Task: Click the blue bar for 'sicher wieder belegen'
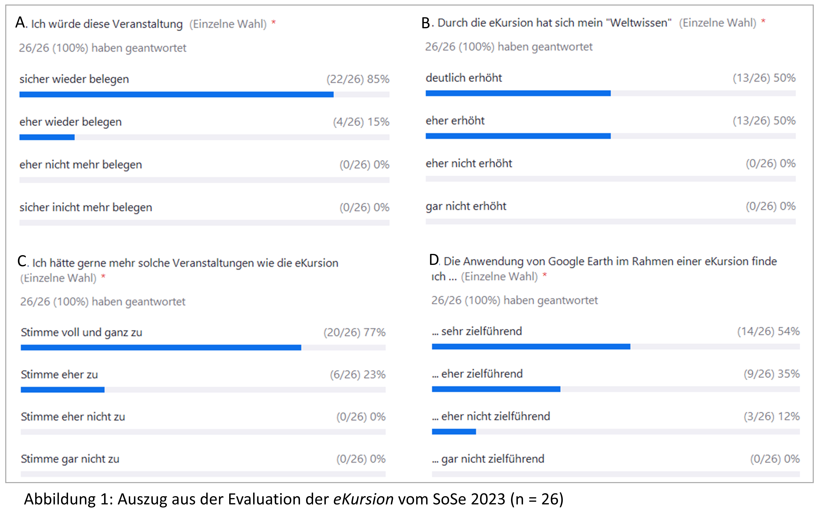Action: tap(176, 94)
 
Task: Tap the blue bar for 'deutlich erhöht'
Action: tap(518, 93)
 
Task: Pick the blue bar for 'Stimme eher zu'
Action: tap(63, 390)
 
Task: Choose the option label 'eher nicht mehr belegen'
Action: tap(81, 165)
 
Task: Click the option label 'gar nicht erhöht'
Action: tap(466, 206)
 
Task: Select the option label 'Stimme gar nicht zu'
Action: tap(70, 459)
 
